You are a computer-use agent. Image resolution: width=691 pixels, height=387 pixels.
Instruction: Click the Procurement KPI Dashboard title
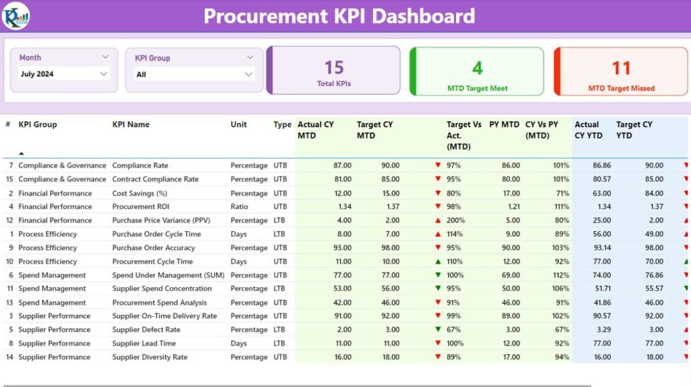tap(339, 16)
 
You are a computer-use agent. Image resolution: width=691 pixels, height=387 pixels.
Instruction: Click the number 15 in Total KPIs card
tap(334, 67)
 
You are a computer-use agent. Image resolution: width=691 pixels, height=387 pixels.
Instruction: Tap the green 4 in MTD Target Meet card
tap(477, 68)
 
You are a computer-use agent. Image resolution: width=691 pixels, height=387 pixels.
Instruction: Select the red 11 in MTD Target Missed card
tap(621, 68)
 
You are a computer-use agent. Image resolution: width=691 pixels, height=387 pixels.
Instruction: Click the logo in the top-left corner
tap(15, 16)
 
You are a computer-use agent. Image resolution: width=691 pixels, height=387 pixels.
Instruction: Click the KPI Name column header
tap(131, 125)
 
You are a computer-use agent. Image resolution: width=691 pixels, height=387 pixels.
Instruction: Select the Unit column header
tap(239, 125)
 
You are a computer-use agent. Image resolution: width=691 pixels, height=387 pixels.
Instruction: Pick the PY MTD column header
tap(504, 125)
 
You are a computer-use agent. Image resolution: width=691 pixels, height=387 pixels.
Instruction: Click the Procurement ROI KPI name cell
tap(140, 206)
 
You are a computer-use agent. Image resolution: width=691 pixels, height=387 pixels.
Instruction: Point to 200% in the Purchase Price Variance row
tap(453, 220)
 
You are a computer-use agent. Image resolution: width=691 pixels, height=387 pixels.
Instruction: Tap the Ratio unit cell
tap(241, 206)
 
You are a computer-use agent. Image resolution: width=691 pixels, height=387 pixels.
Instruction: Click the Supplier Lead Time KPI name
tap(144, 343)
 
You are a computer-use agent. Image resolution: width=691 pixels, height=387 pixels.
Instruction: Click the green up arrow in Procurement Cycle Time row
tap(438, 262)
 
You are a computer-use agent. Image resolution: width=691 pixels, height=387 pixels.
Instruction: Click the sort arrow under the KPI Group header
tap(21, 154)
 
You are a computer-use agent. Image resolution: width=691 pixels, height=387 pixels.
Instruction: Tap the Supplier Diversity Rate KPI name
tap(150, 357)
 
